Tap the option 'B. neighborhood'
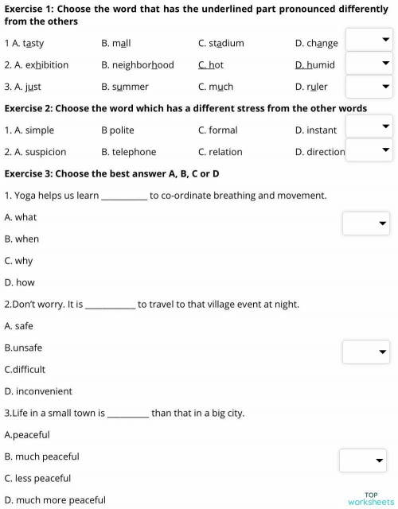[137, 64]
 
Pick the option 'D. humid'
[314, 64]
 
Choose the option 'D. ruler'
[310, 87]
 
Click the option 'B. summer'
[124, 87]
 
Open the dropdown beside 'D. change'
[369, 41]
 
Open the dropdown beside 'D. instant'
[369, 126]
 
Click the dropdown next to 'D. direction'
[369, 149]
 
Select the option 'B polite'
[118, 130]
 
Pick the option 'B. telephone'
[129, 152]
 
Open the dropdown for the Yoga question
[365, 223]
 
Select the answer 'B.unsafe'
[23, 348]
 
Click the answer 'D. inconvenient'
[38, 391]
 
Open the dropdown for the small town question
[362, 460]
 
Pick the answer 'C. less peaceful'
[37, 478]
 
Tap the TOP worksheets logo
[370, 498]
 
